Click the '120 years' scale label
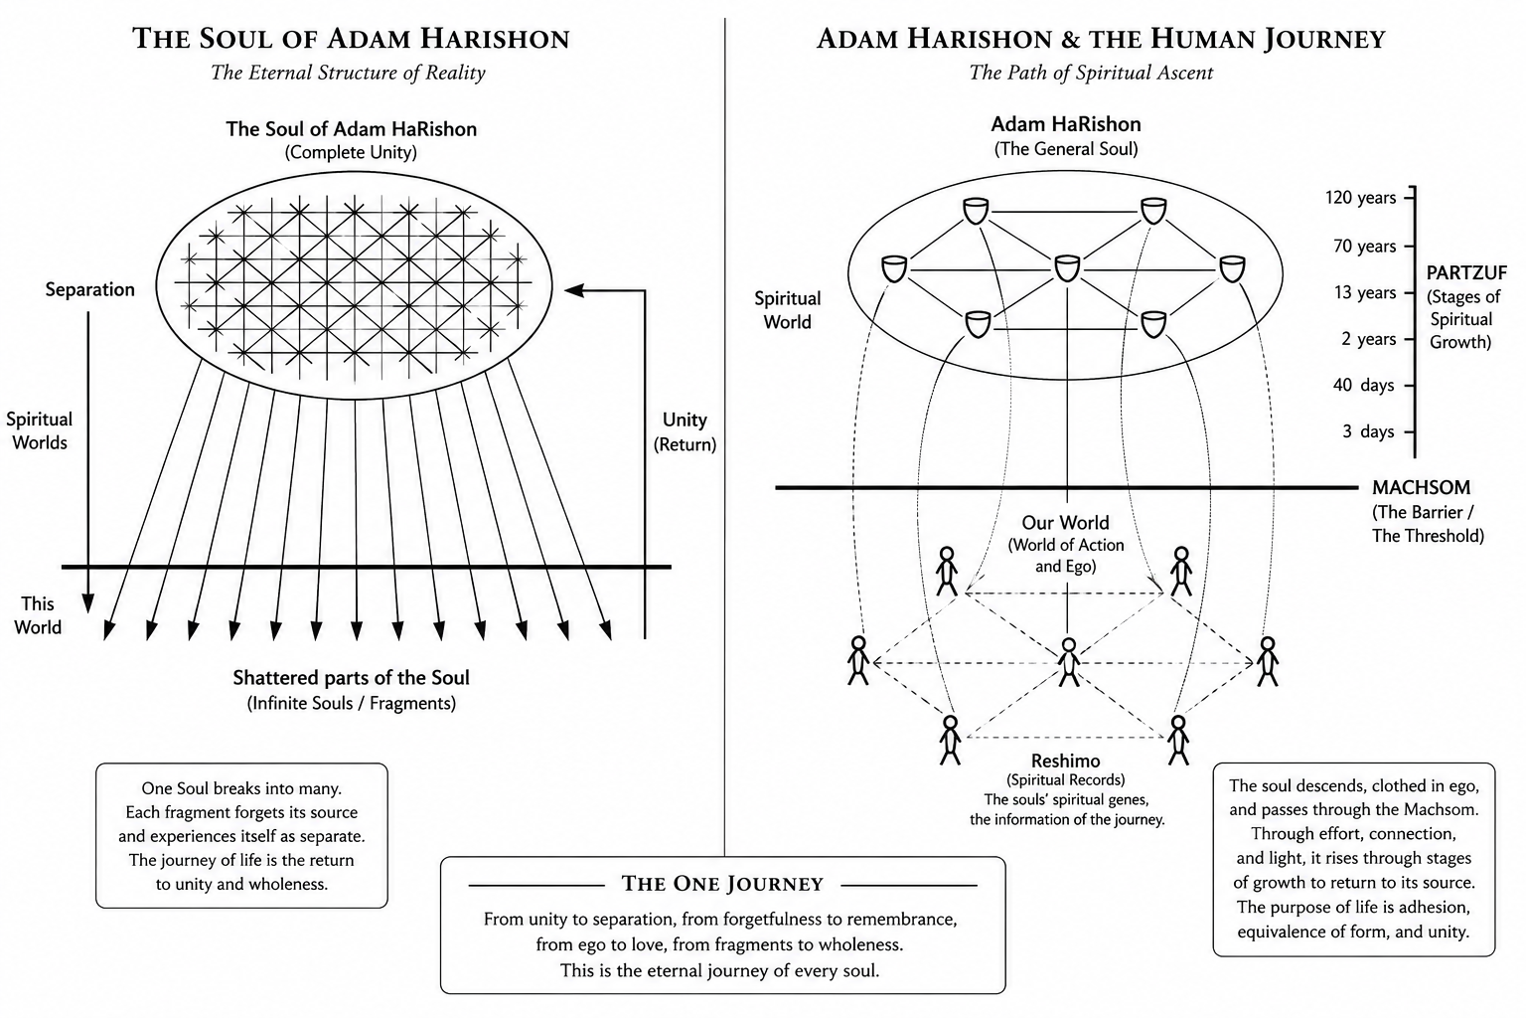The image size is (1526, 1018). click(x=1360, y=198)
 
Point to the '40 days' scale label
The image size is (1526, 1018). click(x=1363, y=386)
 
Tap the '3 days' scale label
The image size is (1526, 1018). click(x=1368, y=431)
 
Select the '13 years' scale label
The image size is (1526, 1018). click(x=1364, y=292)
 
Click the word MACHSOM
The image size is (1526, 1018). click(x=1421, y=487)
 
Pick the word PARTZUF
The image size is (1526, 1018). click(x=1466, y=272)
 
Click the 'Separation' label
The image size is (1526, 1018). click(x=90, y=289)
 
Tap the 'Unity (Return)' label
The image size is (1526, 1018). click(x=685, y=431)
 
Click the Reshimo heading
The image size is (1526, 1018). click(x=1065, y=761)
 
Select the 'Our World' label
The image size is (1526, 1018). click(x=1065, y=522)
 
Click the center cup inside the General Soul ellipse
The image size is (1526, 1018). click(x=1067, y=268)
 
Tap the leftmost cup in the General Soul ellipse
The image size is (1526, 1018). click(x=894, y=268)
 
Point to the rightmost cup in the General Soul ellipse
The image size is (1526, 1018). click(x=1232, y=268)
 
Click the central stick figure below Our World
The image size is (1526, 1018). click(x=1068, y=662)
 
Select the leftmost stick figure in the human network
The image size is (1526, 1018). click(x=858, y=660)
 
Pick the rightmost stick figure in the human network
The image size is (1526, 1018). click(x=1267, y=661)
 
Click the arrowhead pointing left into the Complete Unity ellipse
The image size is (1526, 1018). click(x=574, y=290)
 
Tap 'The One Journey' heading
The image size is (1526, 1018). click(x=722, y=884)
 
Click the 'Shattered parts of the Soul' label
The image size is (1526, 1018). click(x=351, y=678)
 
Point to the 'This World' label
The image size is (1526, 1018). click(x=38, y=615)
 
